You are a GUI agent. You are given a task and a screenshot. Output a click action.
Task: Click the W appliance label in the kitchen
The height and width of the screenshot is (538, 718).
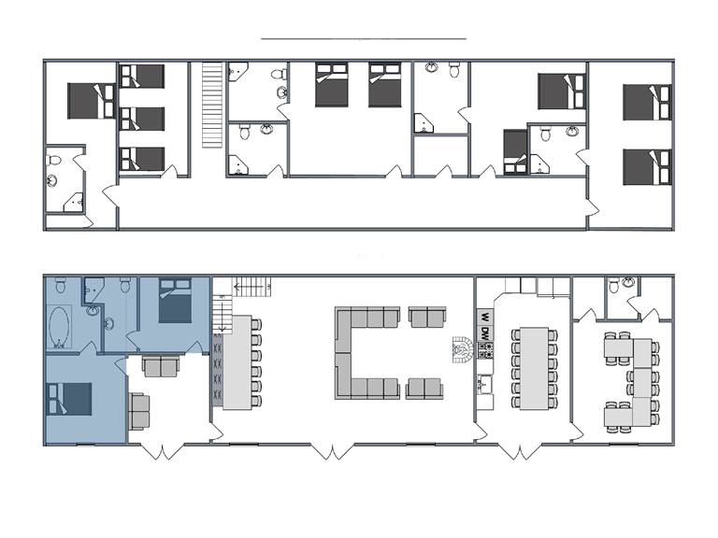point(485,316)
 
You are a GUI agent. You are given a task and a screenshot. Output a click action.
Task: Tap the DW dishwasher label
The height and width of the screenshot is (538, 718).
point(485,333)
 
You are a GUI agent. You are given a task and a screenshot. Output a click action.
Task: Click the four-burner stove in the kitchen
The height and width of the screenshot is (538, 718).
point(485,351)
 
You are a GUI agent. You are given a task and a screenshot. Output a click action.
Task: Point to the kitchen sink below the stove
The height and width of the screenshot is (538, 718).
point(485,382)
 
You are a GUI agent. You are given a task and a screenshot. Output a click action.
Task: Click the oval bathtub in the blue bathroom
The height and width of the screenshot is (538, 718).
point(60,327)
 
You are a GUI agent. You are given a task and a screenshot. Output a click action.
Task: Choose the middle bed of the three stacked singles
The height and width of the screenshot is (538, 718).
point(143,119)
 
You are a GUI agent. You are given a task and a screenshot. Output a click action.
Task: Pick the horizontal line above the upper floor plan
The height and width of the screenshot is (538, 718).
point(363,38)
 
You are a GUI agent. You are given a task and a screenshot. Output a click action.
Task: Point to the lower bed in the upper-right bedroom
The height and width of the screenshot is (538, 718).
point(648,166)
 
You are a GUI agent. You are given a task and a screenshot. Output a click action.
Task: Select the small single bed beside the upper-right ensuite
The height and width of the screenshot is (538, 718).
point(515,151)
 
